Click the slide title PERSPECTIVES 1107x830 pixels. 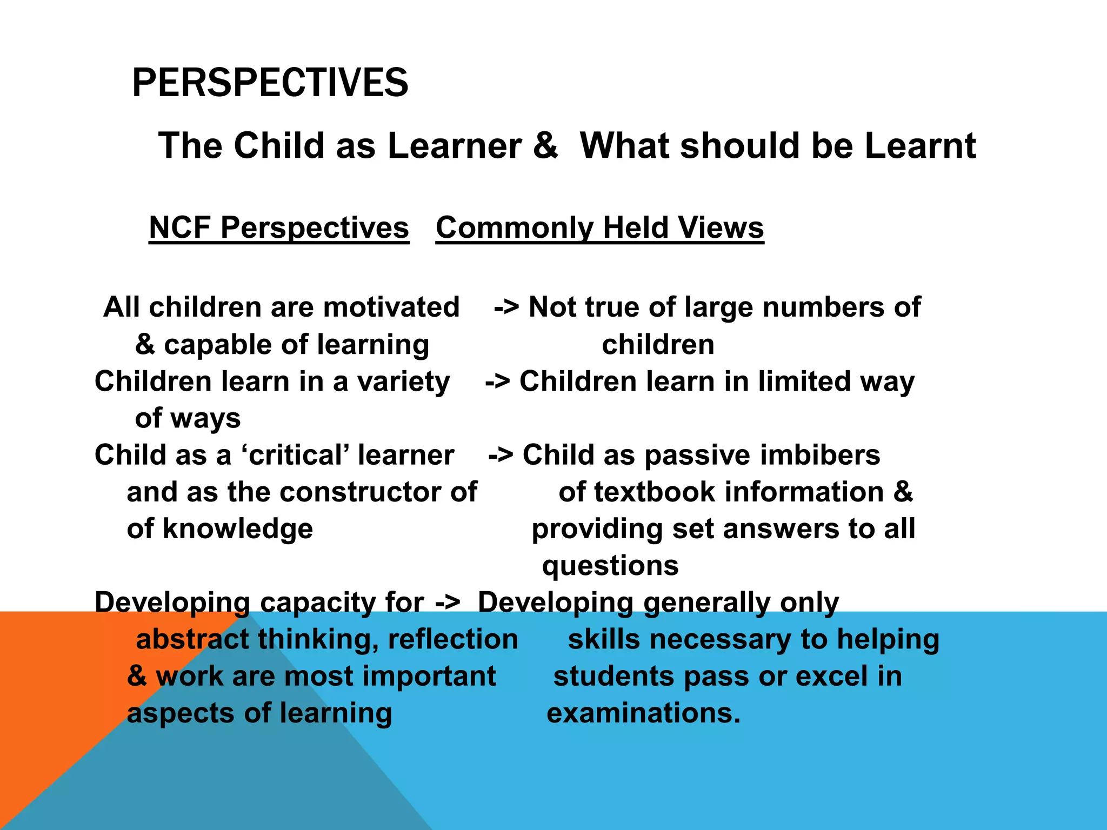(x=270, y=83)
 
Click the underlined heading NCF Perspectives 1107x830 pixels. (x=279, y=227)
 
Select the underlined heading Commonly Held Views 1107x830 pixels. (x=599, y=227)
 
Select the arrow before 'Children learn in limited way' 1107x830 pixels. (x=498, y=382)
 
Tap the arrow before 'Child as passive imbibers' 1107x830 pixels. (x=501, y=456)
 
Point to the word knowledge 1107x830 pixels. (x=238, y=529)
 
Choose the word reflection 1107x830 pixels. (x=453, y=639)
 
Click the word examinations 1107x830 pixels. (x=643, y=713)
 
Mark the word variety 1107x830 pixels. (x=403, y=382)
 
